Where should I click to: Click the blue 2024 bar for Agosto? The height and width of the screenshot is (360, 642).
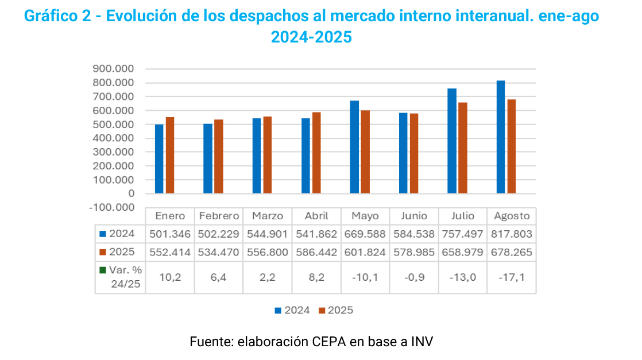(501, 137)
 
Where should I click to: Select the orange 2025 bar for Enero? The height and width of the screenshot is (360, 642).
(170, 155)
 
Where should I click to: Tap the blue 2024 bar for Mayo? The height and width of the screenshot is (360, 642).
(354, 147)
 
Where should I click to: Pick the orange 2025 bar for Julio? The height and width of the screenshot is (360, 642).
(463, 148)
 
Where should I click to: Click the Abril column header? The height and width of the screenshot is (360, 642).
(316, 216)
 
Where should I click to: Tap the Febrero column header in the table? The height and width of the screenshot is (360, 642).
(219, 216)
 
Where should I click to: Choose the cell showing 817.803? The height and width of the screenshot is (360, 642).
(512, 234)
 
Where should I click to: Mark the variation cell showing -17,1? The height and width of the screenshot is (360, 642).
(512, 278)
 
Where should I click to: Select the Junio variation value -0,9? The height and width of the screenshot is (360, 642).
(414, 278)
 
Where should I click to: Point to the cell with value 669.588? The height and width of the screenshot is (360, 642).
(365, 234)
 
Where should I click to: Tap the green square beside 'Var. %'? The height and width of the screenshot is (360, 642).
(103, 270)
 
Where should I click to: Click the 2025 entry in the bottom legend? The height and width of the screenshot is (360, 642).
(336, 310)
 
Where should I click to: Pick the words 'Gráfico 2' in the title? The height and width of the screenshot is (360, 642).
(57, 16)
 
